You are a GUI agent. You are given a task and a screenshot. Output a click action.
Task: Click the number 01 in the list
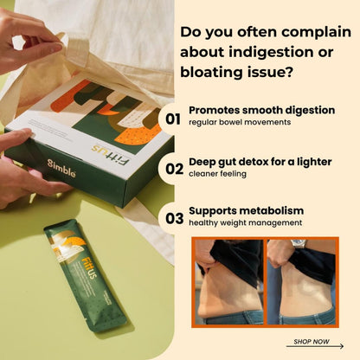(x=173, y=119)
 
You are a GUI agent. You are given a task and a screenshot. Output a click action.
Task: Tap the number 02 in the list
(x=174, y=169)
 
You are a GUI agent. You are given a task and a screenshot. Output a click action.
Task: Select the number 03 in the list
(x=174, y=218)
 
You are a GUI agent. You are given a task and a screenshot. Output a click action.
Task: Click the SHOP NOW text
(x=312, y=342)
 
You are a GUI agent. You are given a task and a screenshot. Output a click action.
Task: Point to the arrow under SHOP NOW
(x=315, y=346)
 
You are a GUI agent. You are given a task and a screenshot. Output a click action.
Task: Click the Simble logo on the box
(x=61, y=169)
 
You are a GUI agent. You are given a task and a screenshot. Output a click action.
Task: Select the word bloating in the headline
(x=211, y=72)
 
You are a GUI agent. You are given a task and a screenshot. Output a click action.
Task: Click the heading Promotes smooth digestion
(x=261, y=110)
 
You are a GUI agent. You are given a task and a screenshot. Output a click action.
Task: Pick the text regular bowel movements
(x=240, y=122)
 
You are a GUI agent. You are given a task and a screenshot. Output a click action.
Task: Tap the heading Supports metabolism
(x=246, y=210)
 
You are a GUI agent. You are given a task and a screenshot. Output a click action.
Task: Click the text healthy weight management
(x=246, y=223)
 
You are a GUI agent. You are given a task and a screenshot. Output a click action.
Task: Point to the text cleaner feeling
(x=217, y=174)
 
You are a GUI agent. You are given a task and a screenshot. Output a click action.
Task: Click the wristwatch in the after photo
(x=298, y=243)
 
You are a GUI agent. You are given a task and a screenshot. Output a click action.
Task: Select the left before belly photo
(x=229, y=282)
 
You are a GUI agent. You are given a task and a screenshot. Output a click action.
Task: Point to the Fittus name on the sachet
(x=89, y=268)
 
